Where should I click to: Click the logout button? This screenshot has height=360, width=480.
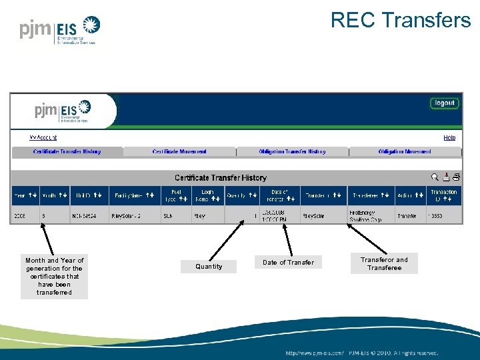coord(444,103)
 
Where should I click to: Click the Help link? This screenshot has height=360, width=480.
coord(449,137)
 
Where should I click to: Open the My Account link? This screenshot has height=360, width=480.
coord(43,137)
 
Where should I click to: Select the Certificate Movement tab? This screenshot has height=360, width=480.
coord(179,152)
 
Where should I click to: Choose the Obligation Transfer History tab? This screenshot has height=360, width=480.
coord(292,152)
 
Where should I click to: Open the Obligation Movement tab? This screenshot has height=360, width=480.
coord(405,152)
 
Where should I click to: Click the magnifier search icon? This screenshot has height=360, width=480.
coord(435,177)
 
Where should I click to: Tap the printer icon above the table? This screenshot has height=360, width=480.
coord(457,177)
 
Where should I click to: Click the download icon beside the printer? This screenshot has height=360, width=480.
coord(446,177)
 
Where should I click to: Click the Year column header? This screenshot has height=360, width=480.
coord(25,195)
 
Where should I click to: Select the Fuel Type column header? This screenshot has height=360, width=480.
coord(176,195)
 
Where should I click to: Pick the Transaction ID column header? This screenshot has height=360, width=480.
coord(443,195)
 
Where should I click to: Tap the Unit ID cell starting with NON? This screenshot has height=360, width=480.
coord(89,216)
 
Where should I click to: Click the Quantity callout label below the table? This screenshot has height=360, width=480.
coord(209,267)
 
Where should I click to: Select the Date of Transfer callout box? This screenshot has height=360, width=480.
coord(288,263)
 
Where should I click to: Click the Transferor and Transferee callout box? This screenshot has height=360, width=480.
coord(384,264)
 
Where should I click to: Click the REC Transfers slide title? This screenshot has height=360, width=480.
coord(401,21)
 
